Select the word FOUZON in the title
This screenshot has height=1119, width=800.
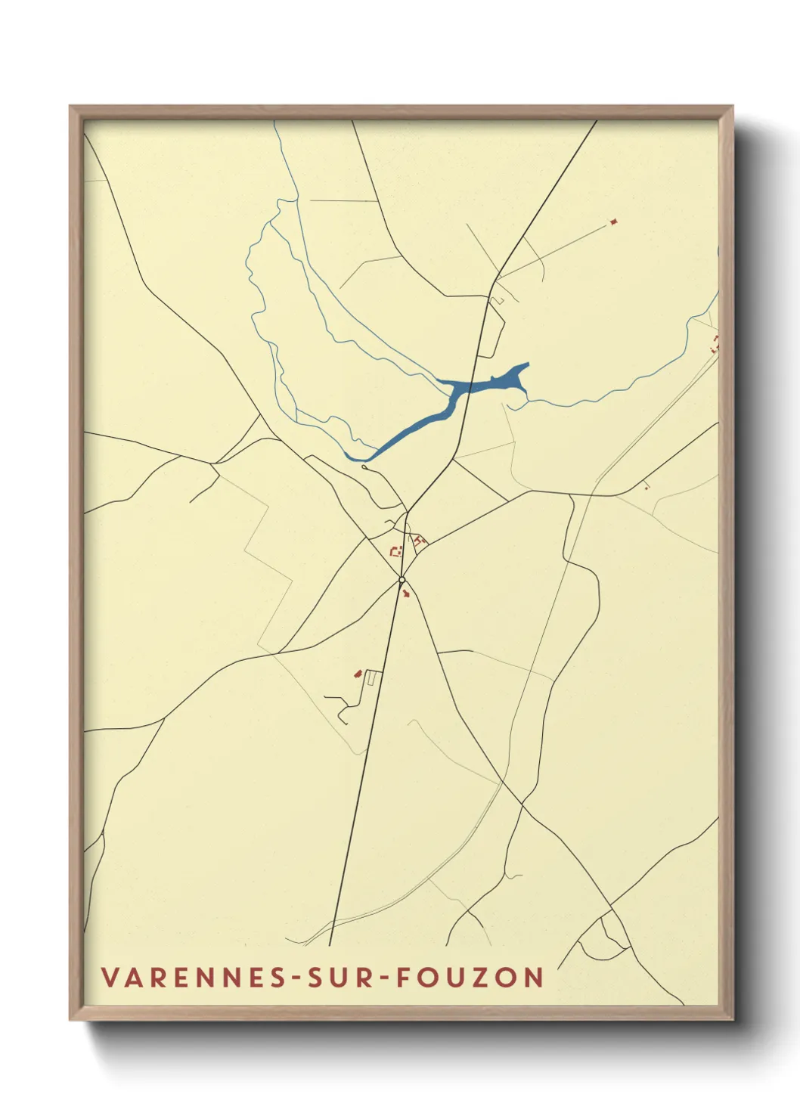tap(469, 977)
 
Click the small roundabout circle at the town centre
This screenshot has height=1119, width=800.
tap(402, 580)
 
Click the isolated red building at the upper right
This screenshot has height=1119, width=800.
tap(614, 222)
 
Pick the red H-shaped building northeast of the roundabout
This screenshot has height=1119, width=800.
tap(420, 540)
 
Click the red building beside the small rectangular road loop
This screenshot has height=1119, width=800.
tap(358, 673)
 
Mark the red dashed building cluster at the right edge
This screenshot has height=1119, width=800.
tap(714, 346)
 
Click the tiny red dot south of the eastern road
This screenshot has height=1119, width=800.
tap(646, 487)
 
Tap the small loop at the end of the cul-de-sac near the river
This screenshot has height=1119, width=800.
tap(364, 467)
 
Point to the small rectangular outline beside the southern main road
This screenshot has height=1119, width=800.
tap(371, 677)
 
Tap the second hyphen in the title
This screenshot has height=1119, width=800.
tap(380, 978)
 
